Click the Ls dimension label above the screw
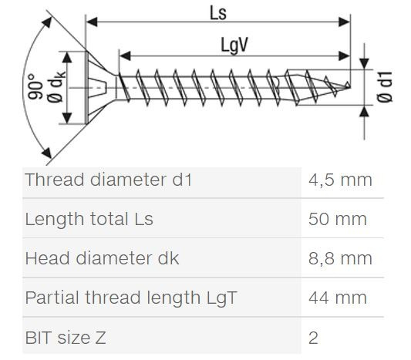click(218, 13)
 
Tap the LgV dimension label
click(234, 45)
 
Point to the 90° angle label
click(35, 87)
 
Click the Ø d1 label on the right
click(385, 87)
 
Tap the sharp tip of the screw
click(350, 87)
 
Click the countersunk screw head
click(99, 87)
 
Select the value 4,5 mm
click(340, 180)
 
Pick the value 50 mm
click(337, 219)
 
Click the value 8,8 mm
click(340, 258)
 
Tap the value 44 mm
click(337, 298)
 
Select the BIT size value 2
click(313, 338)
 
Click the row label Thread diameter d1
click(109, 180)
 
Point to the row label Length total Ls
click(89, 219)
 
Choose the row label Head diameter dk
click(102, 258)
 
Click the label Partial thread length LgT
click(131, 298)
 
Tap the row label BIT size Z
click(66, 338)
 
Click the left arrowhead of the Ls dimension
click(92, 22)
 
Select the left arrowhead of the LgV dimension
click(125, 56)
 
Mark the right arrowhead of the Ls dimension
click(344, 22)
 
